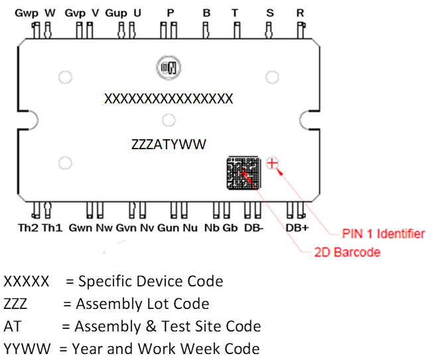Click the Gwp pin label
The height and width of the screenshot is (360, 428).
coord(27,13)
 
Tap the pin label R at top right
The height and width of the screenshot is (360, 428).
coord(300,13)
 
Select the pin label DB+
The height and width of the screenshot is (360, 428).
coord(297,228)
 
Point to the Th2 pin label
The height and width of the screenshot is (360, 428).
coord(29,228)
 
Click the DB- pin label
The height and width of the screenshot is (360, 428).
coord(254,228)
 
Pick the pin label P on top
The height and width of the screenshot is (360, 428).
coord(171,13)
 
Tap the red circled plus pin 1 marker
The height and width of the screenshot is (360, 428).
coord(271,163)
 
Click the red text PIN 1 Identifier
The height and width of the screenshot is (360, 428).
coord(383,233)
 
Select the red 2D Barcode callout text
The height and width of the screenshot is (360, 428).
coord(348,252)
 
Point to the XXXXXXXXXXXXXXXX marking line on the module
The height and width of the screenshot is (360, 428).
coord(169,99)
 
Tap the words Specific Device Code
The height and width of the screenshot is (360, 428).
coord(150,281)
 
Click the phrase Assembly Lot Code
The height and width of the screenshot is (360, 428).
coord(142,304)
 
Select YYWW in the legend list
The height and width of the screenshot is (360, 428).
coord(27,348)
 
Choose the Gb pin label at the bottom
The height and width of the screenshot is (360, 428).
coord(230,228)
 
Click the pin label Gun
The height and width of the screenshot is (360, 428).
coord(168,228)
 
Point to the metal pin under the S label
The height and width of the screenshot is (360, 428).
coord(269,30)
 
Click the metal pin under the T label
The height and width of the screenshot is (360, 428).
coord(235,30)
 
